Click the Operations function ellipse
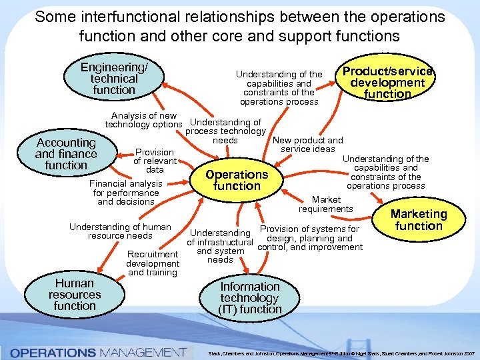pos(237,180)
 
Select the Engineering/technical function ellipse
pos(114,79)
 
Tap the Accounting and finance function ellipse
pos(66,154)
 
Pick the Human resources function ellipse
pos(75,295)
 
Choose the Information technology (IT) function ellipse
pos(250,298)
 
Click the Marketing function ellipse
pos(419,220)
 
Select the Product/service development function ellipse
pos(387,83)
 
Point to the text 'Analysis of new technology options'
pos(143,120)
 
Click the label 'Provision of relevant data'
pos(155,161)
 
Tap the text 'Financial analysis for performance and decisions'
pos(126,193)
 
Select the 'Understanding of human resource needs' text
pos(120,231)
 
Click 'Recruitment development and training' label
pos(152,263)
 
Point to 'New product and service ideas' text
pos(307,145)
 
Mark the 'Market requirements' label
pos(325,204)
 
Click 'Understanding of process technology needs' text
pos(225,131)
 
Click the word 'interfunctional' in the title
pos(125,16)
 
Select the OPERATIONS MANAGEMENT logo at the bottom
pos(97,351)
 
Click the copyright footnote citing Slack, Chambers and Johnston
pos(340,352)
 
